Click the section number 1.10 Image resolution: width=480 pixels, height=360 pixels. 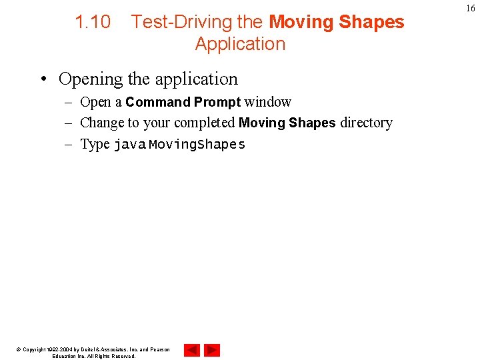pos(93,22)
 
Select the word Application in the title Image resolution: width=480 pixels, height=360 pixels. pos(240,44)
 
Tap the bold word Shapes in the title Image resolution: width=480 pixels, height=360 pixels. pos(371,22)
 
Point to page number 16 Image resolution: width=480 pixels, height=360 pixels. pos(470,8)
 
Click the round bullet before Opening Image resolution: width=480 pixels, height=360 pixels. pos(43,80)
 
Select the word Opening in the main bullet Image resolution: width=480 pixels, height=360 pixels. pos(91,79)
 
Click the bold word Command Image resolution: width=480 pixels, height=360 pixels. pos(158,102)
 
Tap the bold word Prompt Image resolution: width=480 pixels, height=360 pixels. pos(217,102)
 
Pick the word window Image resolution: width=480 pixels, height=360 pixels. pos(268,102)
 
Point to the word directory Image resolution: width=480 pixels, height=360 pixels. pos(366,123)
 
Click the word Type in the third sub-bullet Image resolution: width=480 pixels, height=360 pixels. pos(95,144)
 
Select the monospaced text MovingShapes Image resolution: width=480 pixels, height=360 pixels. pos(197,145)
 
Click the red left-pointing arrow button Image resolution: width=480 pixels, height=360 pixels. pos(191,350)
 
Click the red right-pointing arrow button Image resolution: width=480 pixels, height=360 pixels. pos(212,350)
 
